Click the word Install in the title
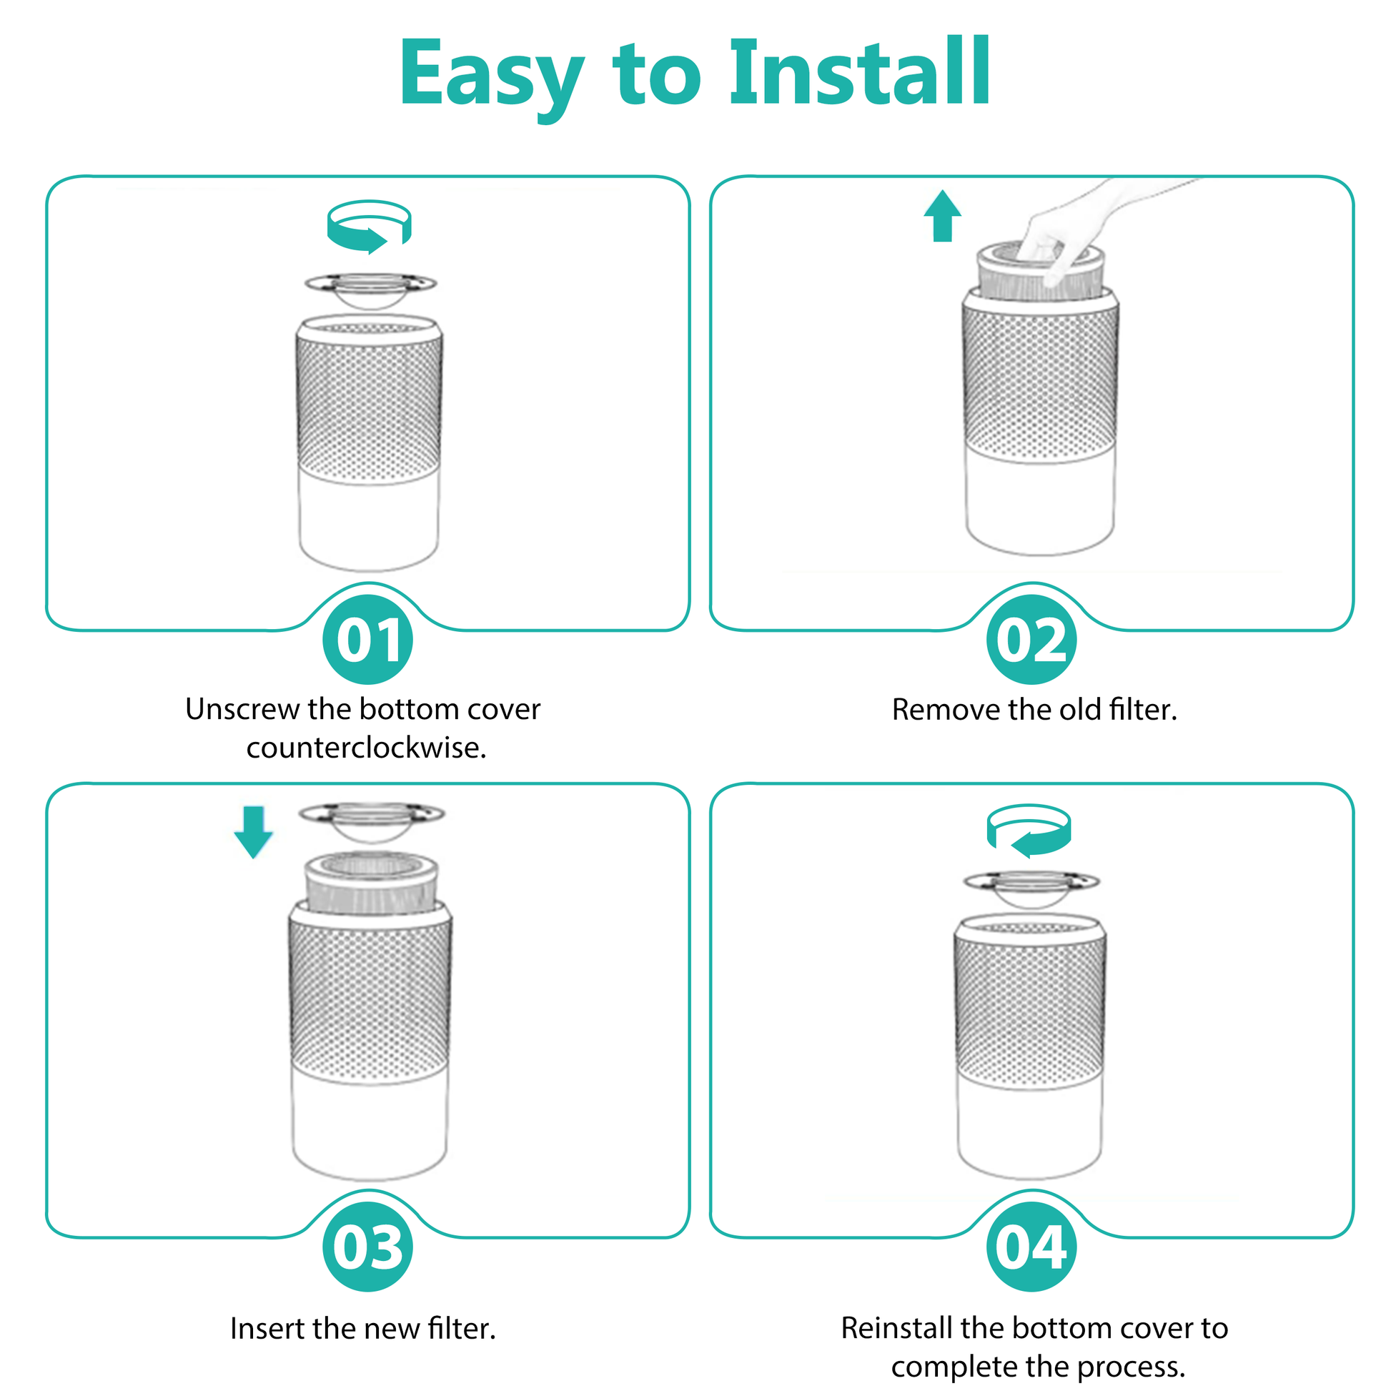[x=861, y=72]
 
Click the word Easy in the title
[x=492, y=78]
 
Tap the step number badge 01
[x=368, y=639]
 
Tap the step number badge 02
[x=1031, y=639]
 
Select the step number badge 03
[x=368, y=1247]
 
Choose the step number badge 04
[x=1031, y=1247]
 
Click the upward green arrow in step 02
[x=942, y=216]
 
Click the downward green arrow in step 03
[x=254, y=832]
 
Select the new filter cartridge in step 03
[x=371, y=884]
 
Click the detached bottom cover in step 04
[x=1031, y=889]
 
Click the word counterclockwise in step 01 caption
[x=367, y=748]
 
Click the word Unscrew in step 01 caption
[x=242, y=709]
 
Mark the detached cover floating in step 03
[x=372, y=821]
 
